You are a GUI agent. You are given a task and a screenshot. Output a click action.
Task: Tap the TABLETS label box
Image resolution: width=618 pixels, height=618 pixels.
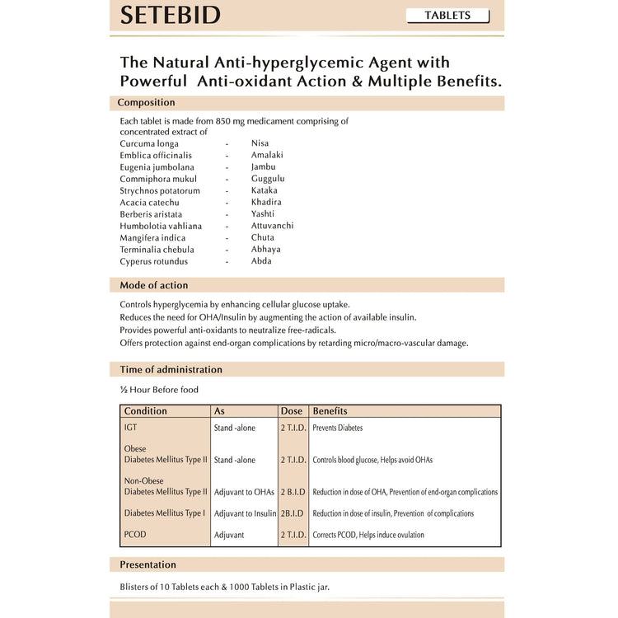[x=447, y=16]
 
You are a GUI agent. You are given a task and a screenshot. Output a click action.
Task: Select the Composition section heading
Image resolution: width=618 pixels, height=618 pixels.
[x=146, y=103]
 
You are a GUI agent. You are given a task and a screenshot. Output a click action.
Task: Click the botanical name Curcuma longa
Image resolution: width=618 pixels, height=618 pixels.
[x=149, y=143]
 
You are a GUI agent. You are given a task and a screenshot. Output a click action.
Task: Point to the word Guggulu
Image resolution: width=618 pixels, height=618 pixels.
[x=268, y=179]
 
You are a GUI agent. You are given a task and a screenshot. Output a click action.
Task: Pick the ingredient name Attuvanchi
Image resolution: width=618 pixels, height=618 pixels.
[x=272, y=226]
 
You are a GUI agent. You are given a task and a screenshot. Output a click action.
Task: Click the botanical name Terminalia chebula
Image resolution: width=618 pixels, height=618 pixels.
[x=157, y=250]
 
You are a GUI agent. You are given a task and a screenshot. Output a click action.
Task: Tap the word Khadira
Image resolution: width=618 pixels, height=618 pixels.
[x=266, y=203]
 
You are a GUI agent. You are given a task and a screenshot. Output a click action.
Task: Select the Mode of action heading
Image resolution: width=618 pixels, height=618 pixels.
[x=153, y=285]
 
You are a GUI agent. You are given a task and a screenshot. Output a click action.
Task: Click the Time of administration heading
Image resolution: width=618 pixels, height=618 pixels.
[x=171, y=370]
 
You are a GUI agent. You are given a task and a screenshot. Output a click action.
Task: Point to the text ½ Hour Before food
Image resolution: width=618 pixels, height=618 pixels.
[x=159, y=390]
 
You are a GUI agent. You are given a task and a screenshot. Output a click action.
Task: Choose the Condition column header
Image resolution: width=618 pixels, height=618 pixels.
[x=145, y=411]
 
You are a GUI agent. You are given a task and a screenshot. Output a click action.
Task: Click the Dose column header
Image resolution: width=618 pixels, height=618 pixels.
[x=292, y=411]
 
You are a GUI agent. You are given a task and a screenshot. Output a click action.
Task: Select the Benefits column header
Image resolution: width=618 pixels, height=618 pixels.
[x=330, y=411]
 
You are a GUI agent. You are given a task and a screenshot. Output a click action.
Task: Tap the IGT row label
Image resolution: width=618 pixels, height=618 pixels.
[x=131, y=428]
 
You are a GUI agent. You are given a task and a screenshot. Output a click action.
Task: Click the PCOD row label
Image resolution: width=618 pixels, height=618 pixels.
[x=135, y=535]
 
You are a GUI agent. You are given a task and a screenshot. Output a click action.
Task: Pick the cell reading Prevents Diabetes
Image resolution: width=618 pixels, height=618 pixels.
[x=337, y=428]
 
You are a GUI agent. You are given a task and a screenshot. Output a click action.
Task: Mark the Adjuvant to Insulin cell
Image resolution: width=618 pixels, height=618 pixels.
[x=245, y=513]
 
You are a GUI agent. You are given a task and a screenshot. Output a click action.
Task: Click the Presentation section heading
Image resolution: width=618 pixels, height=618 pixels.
[x=147, y=565]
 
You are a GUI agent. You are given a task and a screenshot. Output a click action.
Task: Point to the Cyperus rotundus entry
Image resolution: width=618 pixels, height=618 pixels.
[x=153, y=262]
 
